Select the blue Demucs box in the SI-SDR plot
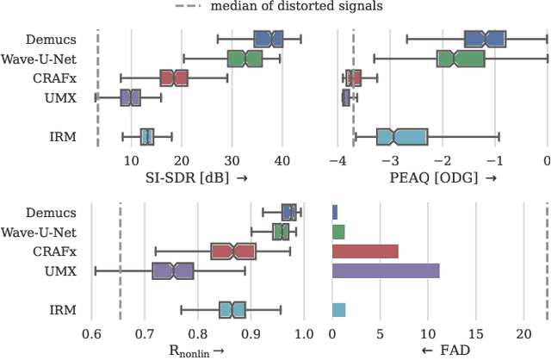(269, 39)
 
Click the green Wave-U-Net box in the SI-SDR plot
(245, 59)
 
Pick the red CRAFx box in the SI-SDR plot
(173, 78)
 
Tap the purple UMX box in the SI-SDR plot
(130, 97)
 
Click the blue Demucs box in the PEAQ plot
(485, 39)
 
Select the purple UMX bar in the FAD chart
(386, 270)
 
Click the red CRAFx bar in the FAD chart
(365, 251)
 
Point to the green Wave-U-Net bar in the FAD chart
(338, 232)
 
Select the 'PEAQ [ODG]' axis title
(435, 177)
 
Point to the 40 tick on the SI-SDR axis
(282, 160)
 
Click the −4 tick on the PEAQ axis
(336, 160)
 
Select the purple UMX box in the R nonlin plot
(173, 270)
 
